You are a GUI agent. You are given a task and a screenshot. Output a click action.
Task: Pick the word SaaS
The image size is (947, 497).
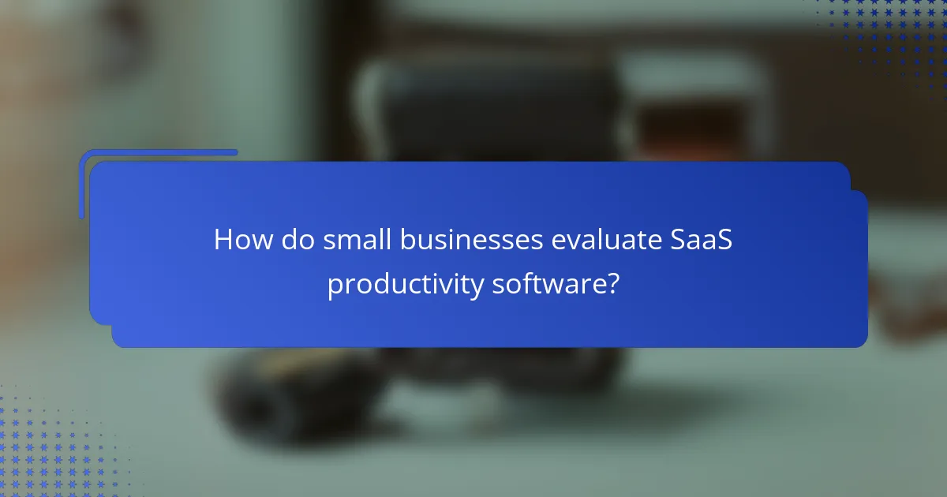click(703, 241)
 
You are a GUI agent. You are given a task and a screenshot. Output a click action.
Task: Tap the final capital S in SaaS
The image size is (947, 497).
click(724, 241)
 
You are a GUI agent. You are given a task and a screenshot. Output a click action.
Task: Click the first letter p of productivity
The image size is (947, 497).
click(335, 286)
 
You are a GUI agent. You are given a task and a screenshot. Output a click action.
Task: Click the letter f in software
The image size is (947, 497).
click(522, 282)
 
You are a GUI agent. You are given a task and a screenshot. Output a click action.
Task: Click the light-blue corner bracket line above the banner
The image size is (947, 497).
click(158, 152)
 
